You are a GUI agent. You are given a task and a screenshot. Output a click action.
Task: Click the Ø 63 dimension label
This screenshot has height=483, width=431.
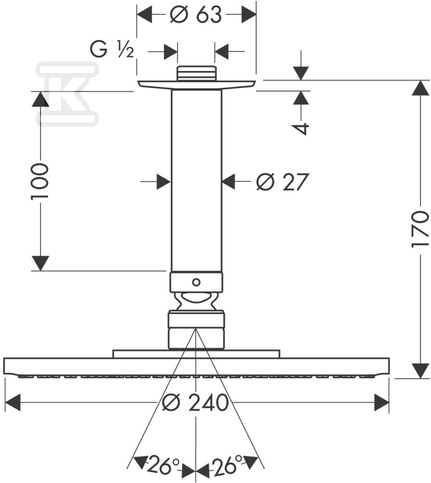(x=196, y=15)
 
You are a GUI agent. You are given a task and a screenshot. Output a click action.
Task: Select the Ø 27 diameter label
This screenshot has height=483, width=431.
(x=282, y=182)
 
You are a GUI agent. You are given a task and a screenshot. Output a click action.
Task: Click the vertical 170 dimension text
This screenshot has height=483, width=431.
(x=420, y=229)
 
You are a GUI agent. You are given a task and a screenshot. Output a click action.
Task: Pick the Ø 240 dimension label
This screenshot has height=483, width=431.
(x=195, y=403)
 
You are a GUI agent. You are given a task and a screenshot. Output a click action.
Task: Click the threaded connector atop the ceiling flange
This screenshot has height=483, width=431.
(x=196, y=74)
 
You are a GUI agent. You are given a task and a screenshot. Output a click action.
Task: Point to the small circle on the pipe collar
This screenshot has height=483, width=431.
(x=196, y=282)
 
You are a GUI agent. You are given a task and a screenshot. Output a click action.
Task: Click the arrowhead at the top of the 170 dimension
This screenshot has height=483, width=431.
(x=420, y=89)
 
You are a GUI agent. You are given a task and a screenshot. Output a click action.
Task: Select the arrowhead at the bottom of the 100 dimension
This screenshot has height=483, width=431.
(x=40, y=263)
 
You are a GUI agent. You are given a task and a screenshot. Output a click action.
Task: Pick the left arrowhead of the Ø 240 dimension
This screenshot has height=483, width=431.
(x=13, y=403)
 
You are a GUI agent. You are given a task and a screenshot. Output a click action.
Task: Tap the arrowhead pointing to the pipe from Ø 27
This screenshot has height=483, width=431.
(x=229, y=182)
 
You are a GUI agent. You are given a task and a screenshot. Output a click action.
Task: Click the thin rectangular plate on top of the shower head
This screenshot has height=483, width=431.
(x=196, y=354)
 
